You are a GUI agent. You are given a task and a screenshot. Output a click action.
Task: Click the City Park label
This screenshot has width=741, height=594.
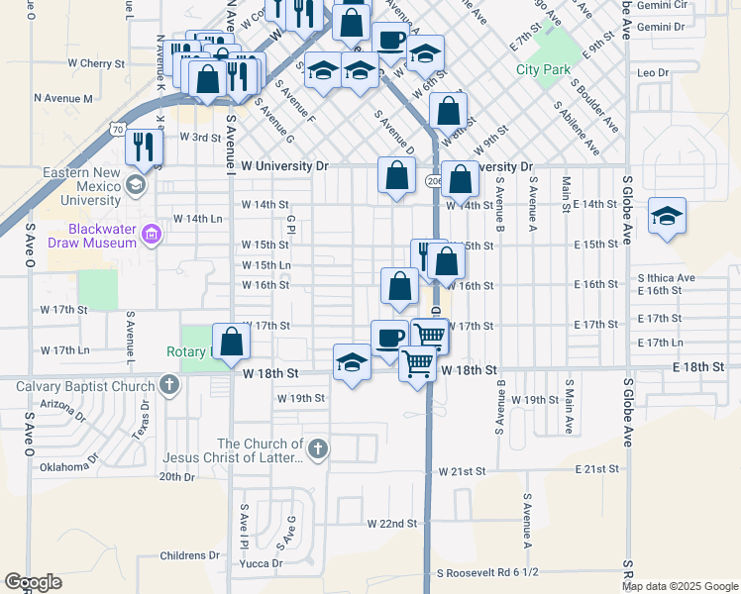(544, 69)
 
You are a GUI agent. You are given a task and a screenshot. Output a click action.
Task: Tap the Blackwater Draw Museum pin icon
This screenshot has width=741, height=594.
(152, 236)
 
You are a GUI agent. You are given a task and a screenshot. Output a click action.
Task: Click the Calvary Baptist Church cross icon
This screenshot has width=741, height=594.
(169, 384)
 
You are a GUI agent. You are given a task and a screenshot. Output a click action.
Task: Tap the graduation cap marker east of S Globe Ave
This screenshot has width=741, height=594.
(668, 218)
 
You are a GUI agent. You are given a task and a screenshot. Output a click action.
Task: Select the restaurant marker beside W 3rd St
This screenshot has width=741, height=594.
(145, 147)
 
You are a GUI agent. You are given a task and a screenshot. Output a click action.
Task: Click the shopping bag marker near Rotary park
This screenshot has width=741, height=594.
(231, 342)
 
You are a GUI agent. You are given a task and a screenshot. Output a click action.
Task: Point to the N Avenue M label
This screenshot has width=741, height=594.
(62, 98)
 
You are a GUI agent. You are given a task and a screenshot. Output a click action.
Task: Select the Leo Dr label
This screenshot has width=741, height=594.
(653, 73)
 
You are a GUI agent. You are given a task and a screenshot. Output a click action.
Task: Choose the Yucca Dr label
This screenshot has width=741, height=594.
(263, 563)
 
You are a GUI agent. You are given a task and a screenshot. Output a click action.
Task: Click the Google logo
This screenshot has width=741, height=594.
(33, 581)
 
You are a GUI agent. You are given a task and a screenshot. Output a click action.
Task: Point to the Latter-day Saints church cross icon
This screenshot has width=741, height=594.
(317, 450)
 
